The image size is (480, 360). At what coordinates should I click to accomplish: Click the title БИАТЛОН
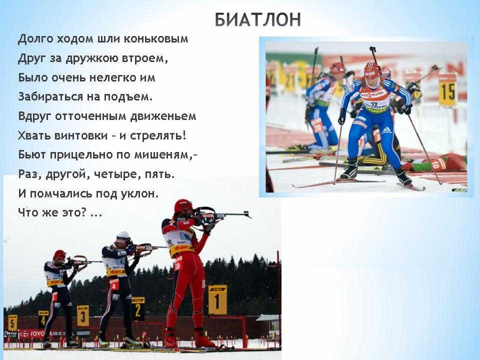pos(258,20)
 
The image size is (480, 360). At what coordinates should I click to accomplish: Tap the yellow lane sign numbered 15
pos(447,90)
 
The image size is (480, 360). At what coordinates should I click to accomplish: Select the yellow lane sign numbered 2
pos(138,308)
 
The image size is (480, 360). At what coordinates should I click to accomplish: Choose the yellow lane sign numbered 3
pos(82,315)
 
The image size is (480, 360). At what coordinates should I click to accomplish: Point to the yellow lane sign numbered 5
pos(12,322)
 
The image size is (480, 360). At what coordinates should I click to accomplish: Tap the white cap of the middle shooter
pos(123,236)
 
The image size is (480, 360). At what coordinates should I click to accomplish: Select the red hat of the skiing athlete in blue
pos(371,69)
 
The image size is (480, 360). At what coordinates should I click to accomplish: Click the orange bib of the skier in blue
pos(375,96)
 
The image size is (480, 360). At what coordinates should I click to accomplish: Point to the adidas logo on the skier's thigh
pos(386,130)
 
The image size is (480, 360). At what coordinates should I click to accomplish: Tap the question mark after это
pos(84,211)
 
